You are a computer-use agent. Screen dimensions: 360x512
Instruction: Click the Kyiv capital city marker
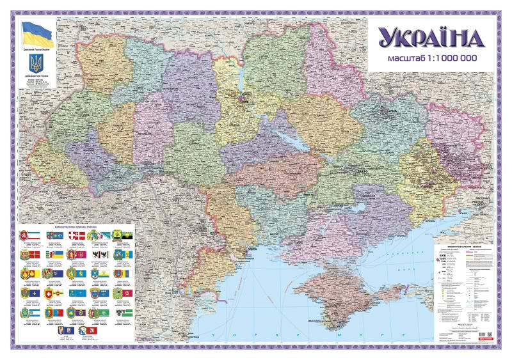[243, 98]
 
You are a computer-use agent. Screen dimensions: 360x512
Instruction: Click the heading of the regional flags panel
[77, 228]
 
